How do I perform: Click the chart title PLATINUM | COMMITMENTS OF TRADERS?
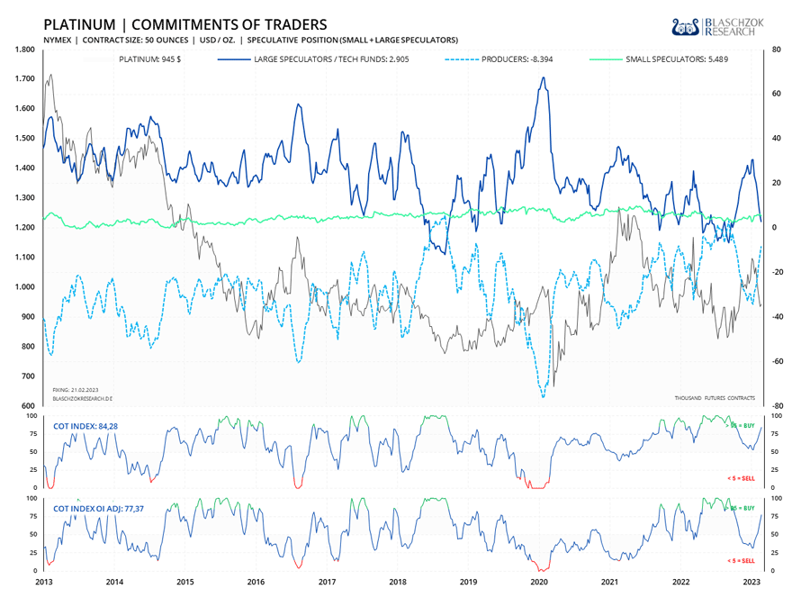pos(185,23)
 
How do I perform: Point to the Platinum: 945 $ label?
pos(151,59)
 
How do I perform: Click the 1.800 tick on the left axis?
pos(25,50)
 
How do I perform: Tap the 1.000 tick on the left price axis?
pos(25,287)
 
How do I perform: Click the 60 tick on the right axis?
pos(772,94)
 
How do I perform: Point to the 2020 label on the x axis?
pos(539,582)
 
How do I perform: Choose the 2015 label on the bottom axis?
pos(184,582)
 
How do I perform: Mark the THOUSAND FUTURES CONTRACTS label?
pos(715,397)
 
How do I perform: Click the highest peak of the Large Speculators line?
pos(543,77)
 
